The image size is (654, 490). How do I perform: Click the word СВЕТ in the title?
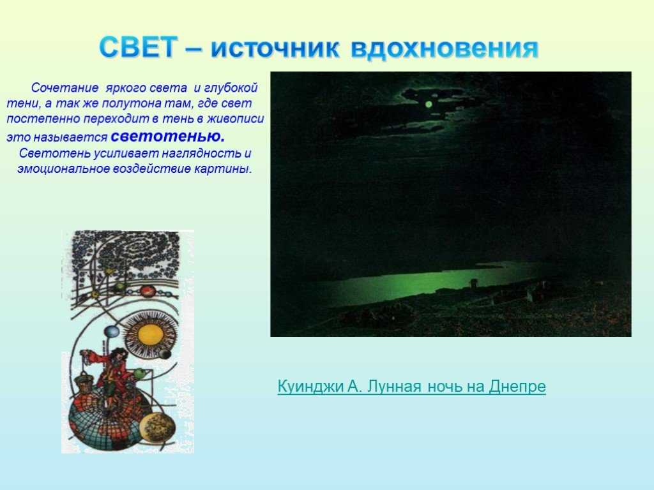pyautogui.click(x=138, y=47)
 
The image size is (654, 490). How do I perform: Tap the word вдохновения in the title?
pyautogui.click(x=445, y=48)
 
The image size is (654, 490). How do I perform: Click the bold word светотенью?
pyautogui.click(x=168, y=136)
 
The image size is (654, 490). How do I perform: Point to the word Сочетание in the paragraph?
pyautogui.click(x=65, y=87)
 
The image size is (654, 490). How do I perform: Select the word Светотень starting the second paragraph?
pyautogui.click(x=55, y=153)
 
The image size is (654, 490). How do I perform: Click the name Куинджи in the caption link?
pyautogui.click(x=310, y=386)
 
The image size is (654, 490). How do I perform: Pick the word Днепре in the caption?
pyautogui.click(x=517, y=386)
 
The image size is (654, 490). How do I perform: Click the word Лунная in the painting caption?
pyautogui.click(x=394, y=386)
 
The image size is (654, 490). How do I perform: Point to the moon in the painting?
pyautogui.click(x=429, y=104)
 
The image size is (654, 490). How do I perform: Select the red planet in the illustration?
pyautogui.click(x=148, y=290)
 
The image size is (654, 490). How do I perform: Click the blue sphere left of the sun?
pyautogui.click(x=112, y=332)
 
